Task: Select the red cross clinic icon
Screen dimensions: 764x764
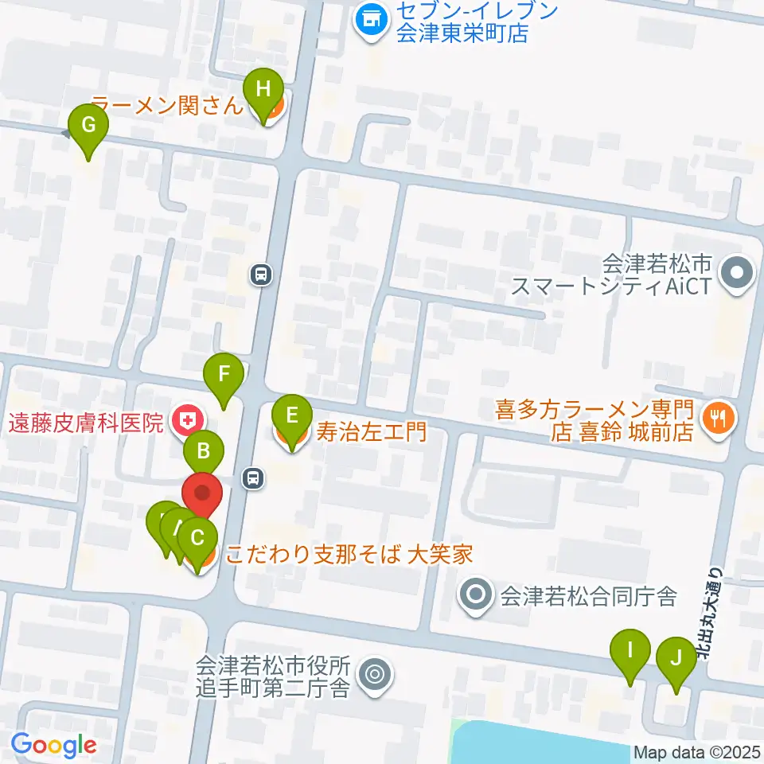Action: (189, 419)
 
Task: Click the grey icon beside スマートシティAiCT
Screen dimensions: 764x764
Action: (736, 275)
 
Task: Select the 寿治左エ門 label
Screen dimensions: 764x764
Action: (372, 432)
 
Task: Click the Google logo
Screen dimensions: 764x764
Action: (53, 746)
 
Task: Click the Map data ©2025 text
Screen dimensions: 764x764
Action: (697, 752)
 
